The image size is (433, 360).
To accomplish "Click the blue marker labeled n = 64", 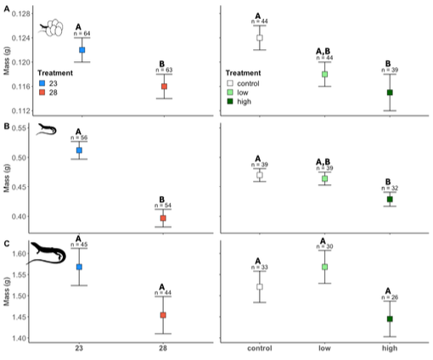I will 82,50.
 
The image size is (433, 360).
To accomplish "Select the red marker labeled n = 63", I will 164,87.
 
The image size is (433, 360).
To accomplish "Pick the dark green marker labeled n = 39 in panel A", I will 390,93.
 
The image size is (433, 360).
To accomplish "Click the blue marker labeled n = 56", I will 79,150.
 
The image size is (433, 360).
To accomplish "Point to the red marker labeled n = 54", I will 163,218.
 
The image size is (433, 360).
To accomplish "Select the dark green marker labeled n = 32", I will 391,200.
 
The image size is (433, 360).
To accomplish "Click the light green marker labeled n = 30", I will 324,267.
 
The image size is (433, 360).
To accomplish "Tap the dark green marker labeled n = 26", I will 390,319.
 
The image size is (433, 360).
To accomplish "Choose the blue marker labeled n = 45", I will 79,267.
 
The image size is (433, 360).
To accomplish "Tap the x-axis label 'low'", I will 324,349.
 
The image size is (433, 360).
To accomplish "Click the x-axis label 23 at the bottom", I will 79,349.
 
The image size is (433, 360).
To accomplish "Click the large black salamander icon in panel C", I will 49,253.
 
